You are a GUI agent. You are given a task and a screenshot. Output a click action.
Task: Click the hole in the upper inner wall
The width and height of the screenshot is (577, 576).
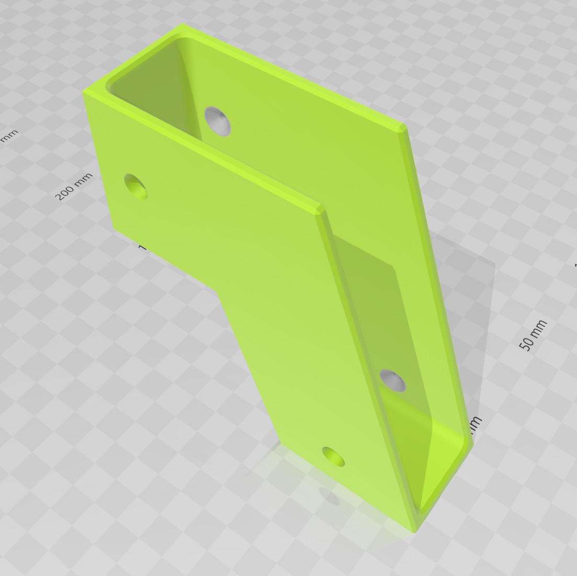click(218, 120)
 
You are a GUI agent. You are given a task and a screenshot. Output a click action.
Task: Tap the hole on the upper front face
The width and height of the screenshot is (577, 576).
click(135, 186)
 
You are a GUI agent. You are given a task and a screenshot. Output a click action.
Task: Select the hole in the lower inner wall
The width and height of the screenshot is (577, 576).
click(392, 380)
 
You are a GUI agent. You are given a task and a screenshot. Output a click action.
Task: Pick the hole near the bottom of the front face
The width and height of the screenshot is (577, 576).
click(333, 457)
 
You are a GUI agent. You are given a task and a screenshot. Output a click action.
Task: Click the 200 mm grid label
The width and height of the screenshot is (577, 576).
click(74, 186)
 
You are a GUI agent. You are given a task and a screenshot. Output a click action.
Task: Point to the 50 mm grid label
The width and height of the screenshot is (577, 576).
click(533, 334)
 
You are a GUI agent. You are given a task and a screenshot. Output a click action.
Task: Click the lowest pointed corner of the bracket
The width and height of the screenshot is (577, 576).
click(414, 531)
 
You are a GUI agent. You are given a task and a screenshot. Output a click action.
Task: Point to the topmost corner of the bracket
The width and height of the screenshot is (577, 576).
click(182, 24)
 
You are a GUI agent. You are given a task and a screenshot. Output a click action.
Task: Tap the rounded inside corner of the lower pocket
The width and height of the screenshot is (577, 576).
click(422, 505)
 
